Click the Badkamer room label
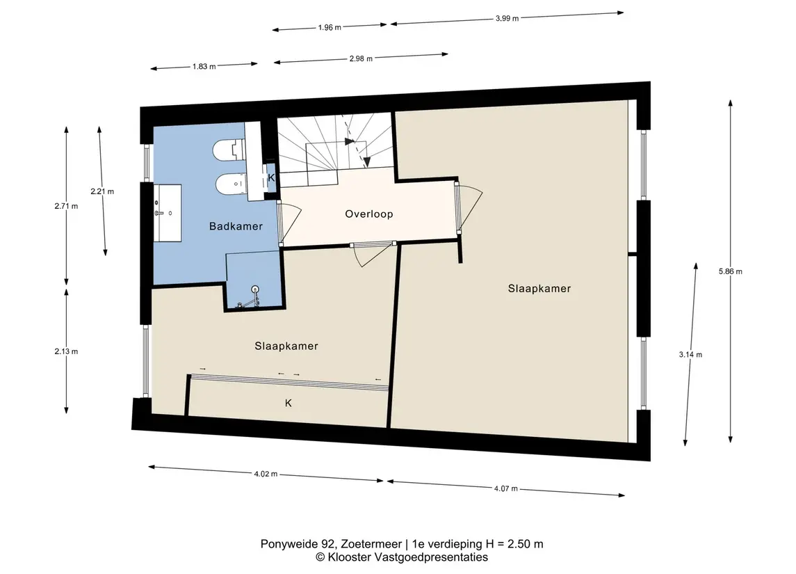click(x=236, y=226)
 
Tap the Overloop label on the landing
click(x=369, y=214)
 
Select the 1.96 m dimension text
click(x=330, y=27)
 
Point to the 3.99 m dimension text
click(x=507, y=18)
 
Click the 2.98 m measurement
click(x=361, y=58)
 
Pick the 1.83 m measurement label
click(x=204, y=66)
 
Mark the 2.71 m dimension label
click(x=67, y=206)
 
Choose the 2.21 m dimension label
click(x=102, y=191)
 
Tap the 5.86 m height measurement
click(x=731, y=271)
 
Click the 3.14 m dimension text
click(x=690, y=355)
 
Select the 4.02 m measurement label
click(x=266, y=474)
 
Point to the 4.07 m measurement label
click(x=506, y=488)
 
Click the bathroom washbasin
click(x=167, y=213)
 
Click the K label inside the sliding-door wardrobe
click(x=289, y=403)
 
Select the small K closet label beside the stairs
click(x=271, y=177)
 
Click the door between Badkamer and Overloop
click(x=289, y=223)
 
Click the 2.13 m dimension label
click(x=67, y=351)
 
